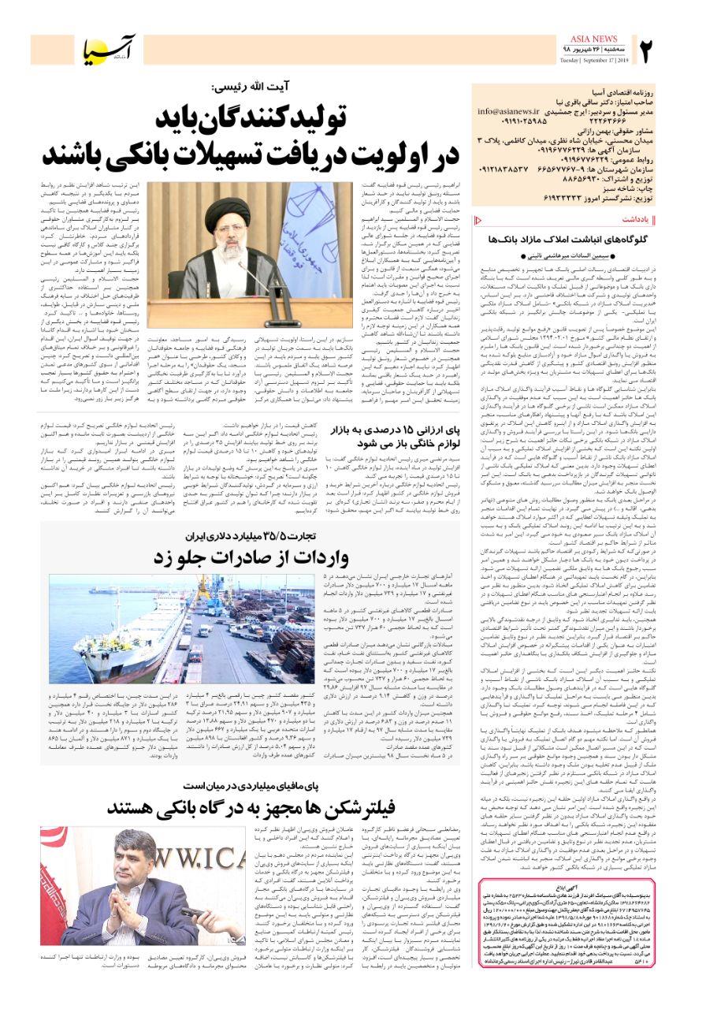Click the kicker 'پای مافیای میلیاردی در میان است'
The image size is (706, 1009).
[x=261, y=786]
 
